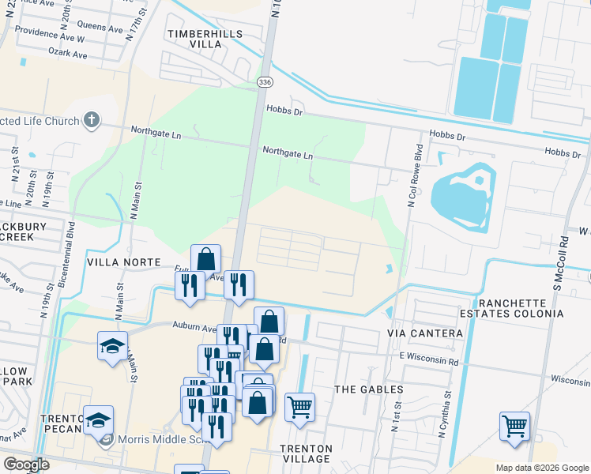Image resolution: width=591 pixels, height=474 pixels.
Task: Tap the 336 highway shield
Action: [x=265, y=81]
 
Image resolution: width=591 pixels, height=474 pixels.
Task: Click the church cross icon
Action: [x=92, y=121]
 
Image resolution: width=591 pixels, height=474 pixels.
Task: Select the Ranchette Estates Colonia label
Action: [x=520, y=308]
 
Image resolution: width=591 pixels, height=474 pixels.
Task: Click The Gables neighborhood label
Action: [x=369, y=389]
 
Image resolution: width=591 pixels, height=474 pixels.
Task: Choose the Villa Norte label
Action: [x=124, y=261]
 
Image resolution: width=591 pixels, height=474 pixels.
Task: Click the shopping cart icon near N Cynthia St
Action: [x=514, y=426]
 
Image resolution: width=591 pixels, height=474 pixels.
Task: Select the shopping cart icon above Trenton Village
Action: [x=299, y=408]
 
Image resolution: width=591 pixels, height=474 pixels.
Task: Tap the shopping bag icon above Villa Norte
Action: [x=205, y=258]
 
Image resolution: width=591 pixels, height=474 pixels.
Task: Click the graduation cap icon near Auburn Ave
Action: [x=113, y=344]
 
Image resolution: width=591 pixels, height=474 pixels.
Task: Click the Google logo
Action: [x=25, y=465]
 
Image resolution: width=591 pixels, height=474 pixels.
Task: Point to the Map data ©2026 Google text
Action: [x=541, y=468]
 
